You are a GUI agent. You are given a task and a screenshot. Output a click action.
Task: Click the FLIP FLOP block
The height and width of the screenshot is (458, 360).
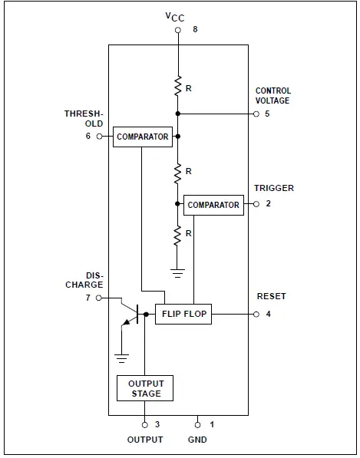coord(183,314)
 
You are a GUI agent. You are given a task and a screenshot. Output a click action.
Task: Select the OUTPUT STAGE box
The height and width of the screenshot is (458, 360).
coord(145,388)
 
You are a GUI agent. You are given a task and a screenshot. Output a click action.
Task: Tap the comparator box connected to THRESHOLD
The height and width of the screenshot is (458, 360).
coord(142,137)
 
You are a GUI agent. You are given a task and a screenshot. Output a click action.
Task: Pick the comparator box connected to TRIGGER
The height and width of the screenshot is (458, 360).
coord(213,205)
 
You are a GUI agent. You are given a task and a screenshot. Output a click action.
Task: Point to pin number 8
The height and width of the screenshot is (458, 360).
coord(195,30)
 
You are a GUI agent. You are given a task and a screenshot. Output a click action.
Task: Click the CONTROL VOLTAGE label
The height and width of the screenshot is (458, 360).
coord(273,96)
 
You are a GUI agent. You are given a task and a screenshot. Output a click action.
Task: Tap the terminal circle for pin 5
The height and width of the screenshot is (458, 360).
coord(256,114)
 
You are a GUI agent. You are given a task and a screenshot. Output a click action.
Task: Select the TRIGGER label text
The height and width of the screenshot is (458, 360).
coord(273,188)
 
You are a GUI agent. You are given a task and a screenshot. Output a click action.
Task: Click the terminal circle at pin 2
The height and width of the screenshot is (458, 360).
coord(256,205)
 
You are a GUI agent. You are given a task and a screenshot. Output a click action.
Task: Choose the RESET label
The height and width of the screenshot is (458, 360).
coord(270,296)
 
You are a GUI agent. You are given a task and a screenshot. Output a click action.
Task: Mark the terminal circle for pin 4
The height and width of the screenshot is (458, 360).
coord(256,314)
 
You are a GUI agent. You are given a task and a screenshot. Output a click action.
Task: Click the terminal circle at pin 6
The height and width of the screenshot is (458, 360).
coord(100,137)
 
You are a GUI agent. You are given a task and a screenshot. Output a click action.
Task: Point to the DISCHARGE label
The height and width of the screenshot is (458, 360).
coord(84,280)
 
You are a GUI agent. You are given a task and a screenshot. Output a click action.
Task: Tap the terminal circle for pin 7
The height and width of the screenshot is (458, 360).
coord(100,298)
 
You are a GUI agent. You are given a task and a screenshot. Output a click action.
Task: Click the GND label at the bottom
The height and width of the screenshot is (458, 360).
coord(197,440)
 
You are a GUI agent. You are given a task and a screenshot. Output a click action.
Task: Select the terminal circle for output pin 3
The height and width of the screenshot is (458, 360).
coord(145,423)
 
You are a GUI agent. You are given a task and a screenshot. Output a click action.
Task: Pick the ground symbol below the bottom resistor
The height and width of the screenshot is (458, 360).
coord(177,272)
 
